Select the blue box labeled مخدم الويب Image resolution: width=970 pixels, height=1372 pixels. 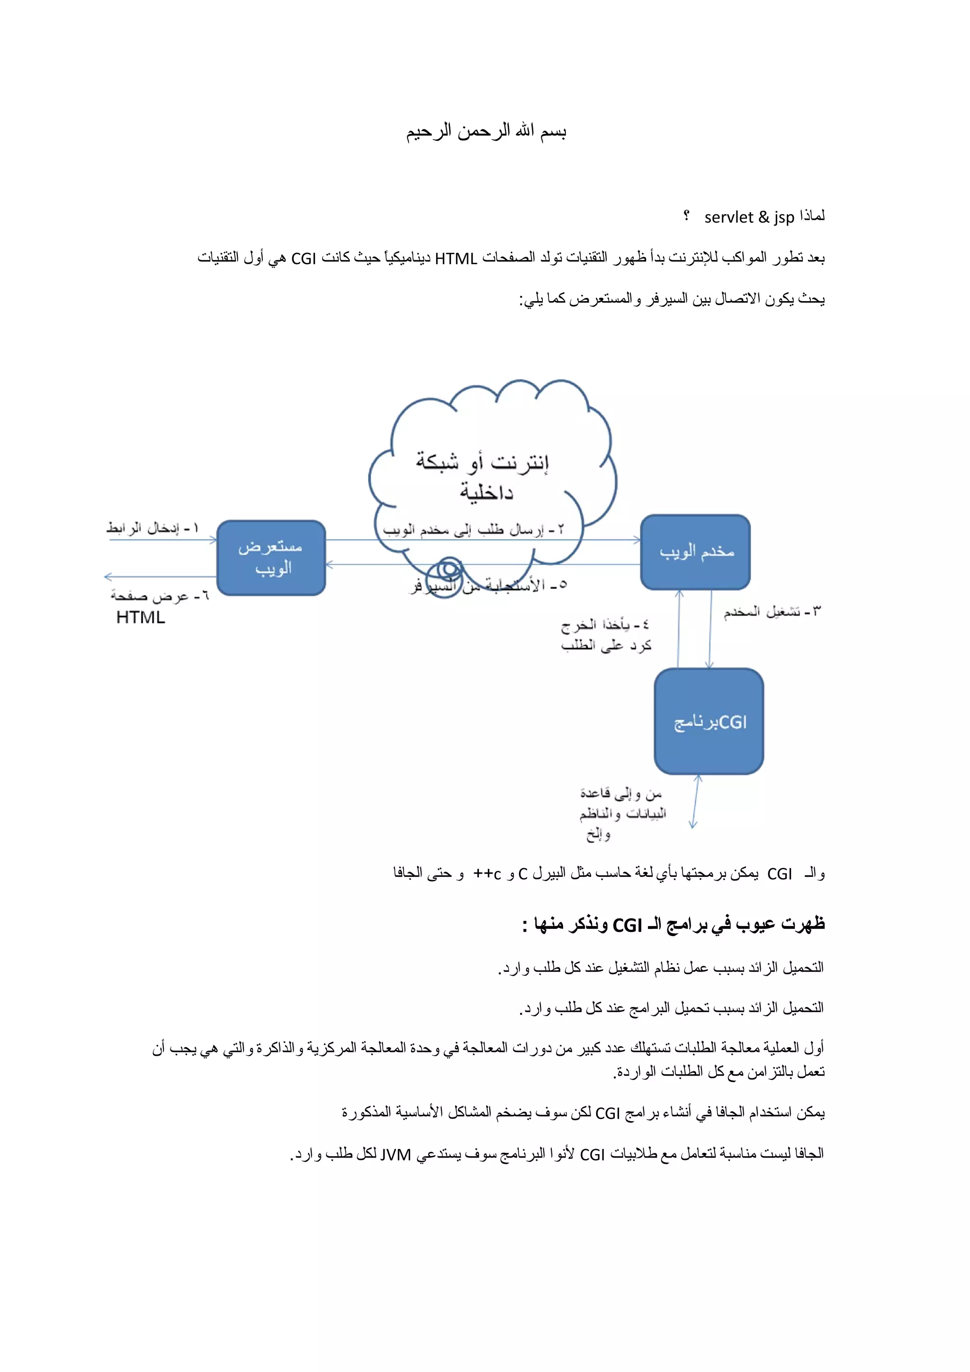pos(695,552)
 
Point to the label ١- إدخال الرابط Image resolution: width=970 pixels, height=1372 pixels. pos(153,528)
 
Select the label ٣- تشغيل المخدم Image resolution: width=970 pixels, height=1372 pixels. pos(772,611)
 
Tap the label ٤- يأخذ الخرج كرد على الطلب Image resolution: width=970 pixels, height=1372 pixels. pos(605,634)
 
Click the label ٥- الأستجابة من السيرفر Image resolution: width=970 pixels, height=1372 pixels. pos(488,585)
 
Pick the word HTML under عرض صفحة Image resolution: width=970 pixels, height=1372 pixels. pos(141,617)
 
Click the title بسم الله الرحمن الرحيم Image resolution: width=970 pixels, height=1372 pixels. pos(486,131)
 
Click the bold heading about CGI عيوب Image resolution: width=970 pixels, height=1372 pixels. pos(673,925)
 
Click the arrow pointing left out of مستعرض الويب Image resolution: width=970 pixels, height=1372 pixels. pos(160,577)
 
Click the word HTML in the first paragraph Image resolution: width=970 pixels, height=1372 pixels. pos(456,259)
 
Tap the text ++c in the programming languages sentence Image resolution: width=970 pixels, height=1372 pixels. pos(487,873)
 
